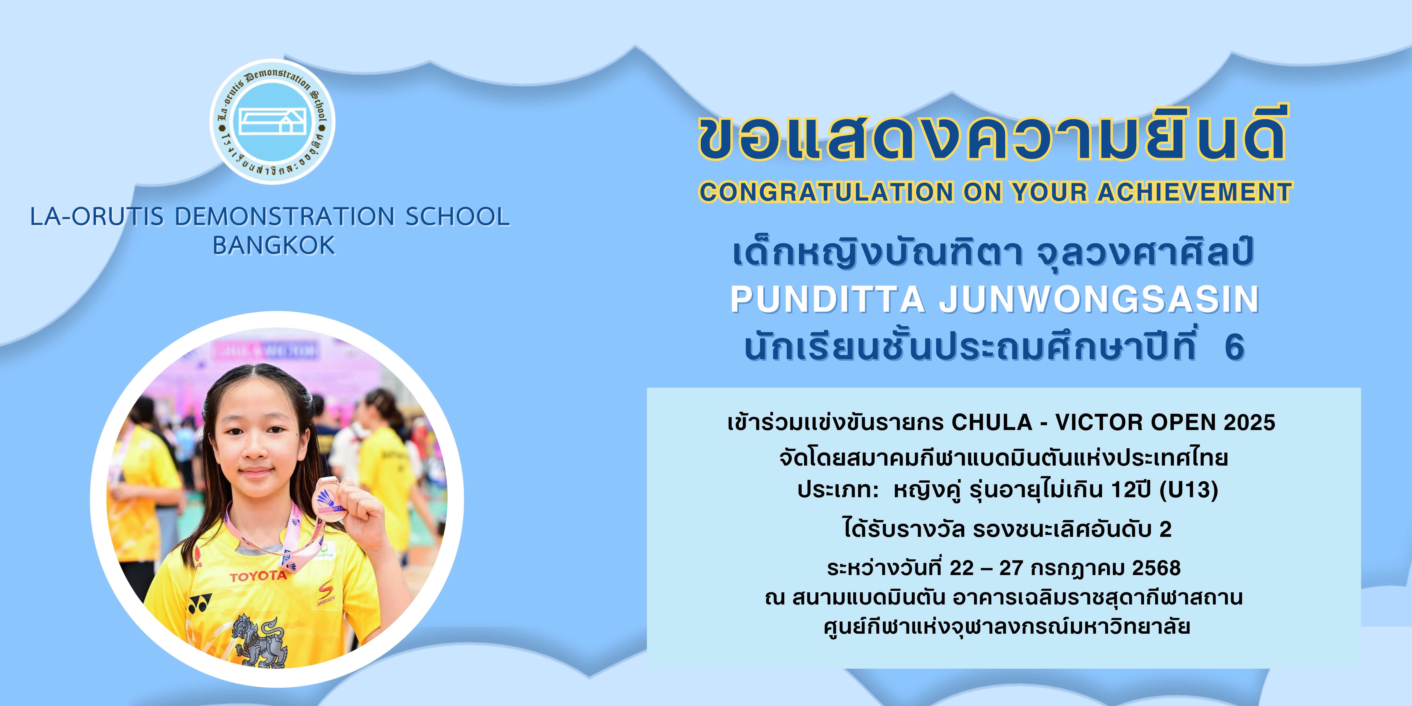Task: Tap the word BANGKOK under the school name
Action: [x=274, y=246]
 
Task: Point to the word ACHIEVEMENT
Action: [x=1195, y=192]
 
